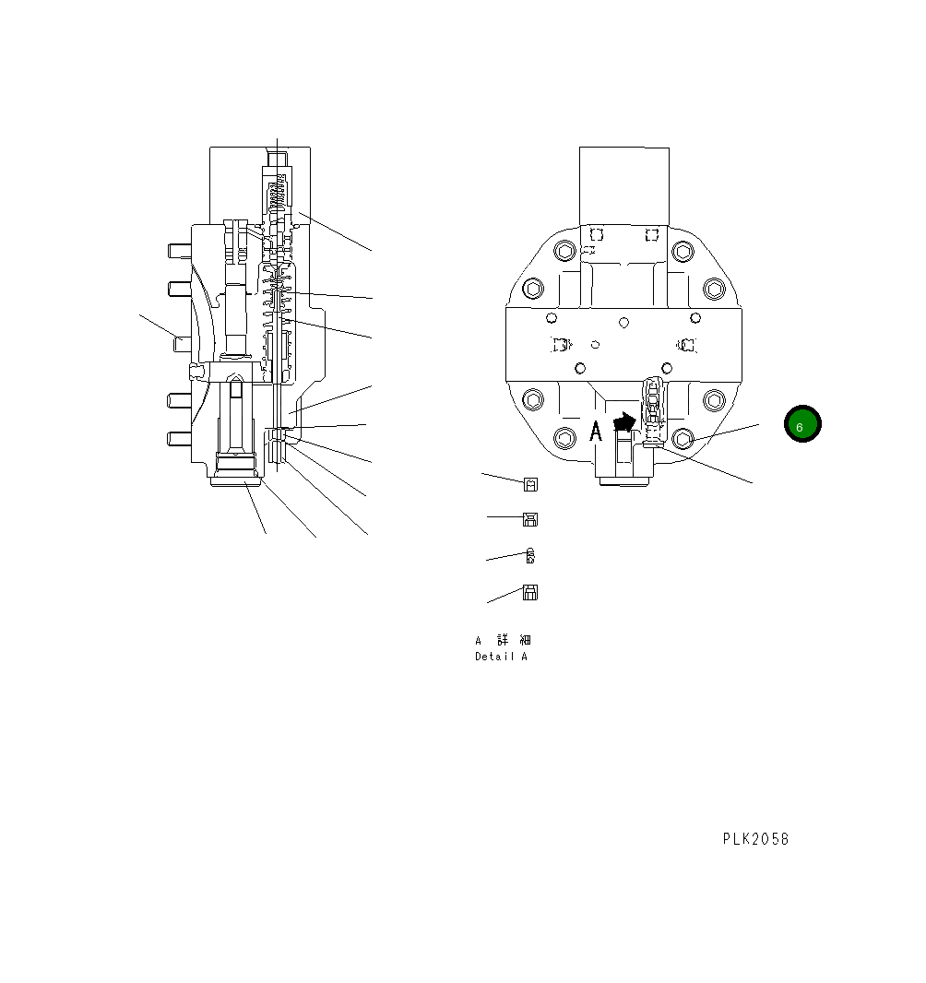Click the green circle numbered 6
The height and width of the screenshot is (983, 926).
click(x=801, y=424)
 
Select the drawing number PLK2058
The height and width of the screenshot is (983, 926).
click(x=755, y=839)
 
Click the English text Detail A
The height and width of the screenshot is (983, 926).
click(x=501, y=657)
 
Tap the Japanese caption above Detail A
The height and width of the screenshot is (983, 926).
click(x=503, y=640)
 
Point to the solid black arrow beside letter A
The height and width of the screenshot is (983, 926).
click(x=624, y=422)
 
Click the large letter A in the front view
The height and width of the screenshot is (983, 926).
click(x=596, y=432)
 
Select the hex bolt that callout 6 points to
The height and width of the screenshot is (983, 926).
click(x=683, y=437)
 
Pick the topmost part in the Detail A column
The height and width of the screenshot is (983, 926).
click(x=530, y=484)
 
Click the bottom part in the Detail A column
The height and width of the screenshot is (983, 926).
click(x=530, y=593)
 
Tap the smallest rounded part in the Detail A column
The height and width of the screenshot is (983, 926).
click(x=530, y=555)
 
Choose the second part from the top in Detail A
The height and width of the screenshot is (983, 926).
click(x=530, y=519)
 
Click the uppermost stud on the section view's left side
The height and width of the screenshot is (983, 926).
click(x=179, y=250)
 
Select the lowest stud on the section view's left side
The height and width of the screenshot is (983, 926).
click(x=179, y=436)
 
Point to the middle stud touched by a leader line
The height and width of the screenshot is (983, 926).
click(x=183, y=342)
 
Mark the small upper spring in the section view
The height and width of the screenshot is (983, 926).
click(x=277, y=195)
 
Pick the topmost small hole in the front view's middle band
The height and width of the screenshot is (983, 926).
click(x=624, y=322)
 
